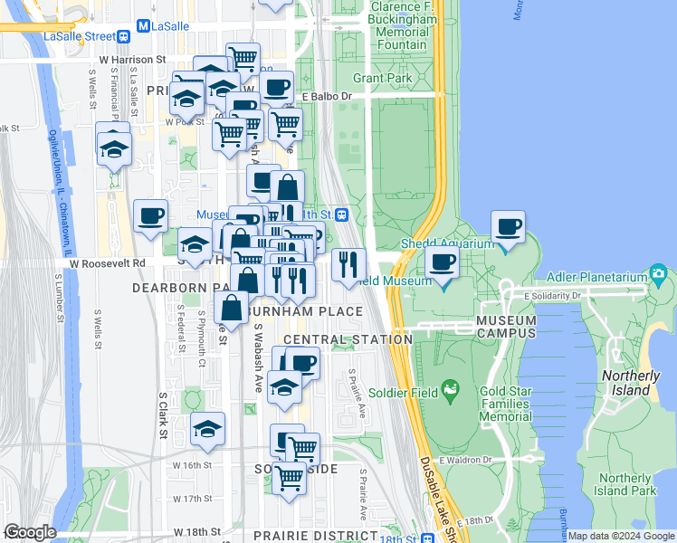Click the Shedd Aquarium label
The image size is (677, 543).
447,243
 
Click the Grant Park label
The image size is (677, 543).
382,79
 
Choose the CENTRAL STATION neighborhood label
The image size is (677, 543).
348,338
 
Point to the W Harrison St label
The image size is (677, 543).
133,59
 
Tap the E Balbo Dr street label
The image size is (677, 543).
326,95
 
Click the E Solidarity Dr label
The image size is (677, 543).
552,295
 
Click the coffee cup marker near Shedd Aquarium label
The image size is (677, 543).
509,226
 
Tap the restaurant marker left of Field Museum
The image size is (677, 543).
348,264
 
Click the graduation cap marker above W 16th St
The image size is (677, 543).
207,428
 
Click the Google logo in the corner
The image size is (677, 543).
30,532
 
